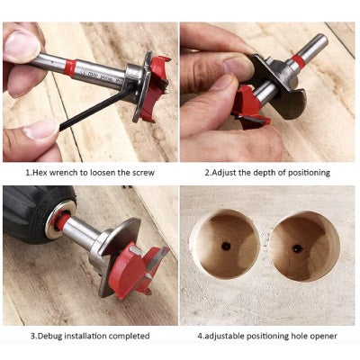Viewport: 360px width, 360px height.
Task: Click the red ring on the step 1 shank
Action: click(70, 68)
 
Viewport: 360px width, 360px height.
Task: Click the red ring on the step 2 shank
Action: click(299, 60)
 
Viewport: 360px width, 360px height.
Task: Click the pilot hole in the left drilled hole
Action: click(226, 246)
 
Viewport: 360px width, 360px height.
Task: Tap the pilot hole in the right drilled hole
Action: click(298, 248)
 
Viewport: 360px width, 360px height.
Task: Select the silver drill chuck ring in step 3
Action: click(60, 220)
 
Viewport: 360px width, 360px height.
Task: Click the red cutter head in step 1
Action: click(155, 88)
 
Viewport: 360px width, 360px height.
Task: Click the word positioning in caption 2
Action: click(309, 173)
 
